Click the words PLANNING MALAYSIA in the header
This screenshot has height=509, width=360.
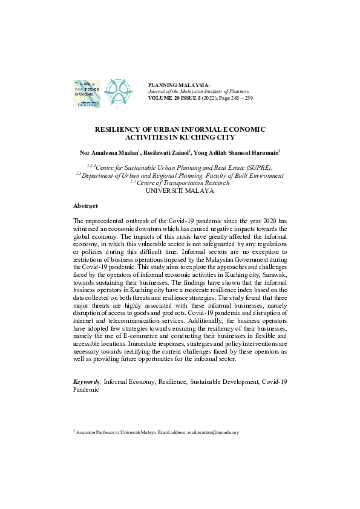click(179, 85)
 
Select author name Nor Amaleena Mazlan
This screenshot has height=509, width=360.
click(113, 152)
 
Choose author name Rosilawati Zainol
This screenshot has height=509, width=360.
click(168, 152)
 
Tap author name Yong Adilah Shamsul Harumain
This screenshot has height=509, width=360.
click(238, 152)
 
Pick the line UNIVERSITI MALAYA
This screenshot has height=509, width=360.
click(180, 190)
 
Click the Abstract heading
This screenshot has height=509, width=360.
click(85, 206)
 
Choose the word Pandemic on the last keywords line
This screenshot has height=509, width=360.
click(86, 391)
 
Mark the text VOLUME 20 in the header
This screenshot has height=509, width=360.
click(165, 97)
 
